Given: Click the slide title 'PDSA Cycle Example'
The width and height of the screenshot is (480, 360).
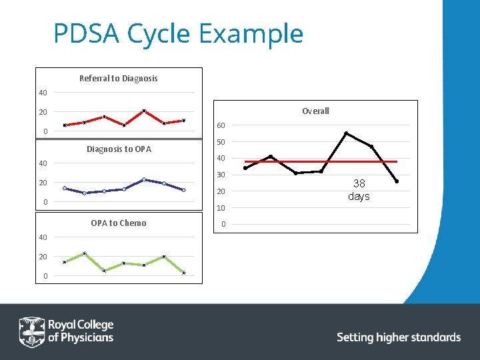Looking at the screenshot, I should click(x=178, y=33).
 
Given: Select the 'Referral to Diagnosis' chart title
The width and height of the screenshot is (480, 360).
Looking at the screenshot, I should click(x=118, y=78).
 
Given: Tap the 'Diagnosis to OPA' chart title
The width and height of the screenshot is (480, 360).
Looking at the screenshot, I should click(x=119, y=149).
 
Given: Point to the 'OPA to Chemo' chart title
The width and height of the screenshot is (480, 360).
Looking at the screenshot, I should click(x=118, y=223).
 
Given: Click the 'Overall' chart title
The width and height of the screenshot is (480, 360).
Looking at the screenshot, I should click(x=315, y=111).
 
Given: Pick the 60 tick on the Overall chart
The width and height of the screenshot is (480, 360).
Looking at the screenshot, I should click(x=221, y=125).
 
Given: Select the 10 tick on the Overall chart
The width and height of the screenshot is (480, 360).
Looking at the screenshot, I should click(x=221, y=208).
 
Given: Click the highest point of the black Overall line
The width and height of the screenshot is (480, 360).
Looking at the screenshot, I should click(x=346, y=133).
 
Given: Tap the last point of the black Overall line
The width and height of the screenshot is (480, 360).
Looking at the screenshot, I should click(x=397, y=181).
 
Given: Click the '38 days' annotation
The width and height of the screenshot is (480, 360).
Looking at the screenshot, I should click(x=359, y=189).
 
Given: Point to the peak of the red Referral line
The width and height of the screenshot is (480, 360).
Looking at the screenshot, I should click(x=144, y=111).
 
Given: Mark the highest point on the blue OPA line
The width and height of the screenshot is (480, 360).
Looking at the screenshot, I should click(x=144, y=179).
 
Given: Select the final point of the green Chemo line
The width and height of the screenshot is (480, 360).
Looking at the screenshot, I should click(x=184, y=273).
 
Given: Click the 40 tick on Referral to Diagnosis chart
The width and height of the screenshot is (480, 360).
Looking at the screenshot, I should click(x=41, y=93).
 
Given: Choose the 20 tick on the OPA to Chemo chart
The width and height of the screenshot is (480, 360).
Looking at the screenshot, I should click(x=41, y=257).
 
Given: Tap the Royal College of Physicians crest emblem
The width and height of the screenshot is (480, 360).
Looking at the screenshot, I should click(x=31, y=331).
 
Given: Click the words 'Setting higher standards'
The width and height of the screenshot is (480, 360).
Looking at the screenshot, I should click(x=399, y=337).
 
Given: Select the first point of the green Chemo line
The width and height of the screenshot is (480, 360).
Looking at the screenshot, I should click(x=65, y=262).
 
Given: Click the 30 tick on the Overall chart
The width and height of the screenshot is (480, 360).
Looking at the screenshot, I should click(x=221, y=175).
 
